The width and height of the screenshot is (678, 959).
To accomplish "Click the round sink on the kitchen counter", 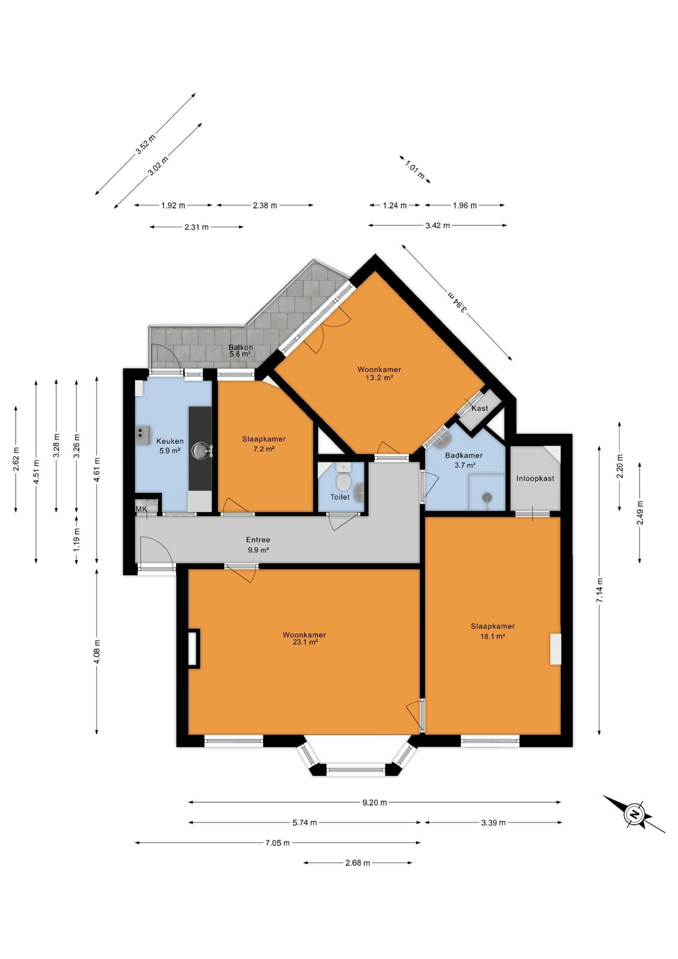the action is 201,451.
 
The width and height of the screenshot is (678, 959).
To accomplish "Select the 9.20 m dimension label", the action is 374,803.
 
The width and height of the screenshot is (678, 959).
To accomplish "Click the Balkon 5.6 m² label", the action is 241,351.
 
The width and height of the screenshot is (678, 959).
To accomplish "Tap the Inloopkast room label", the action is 535,478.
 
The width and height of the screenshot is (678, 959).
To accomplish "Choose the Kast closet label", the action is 480,408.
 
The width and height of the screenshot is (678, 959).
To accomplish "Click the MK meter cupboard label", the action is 142,509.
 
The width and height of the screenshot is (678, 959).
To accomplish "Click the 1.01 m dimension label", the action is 415,169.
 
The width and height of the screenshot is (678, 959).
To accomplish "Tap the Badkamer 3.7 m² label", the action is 463,460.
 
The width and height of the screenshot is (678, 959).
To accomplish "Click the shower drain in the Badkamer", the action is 487,497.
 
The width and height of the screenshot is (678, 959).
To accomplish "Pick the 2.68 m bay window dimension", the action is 357,863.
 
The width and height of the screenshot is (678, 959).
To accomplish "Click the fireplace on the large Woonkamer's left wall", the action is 193,648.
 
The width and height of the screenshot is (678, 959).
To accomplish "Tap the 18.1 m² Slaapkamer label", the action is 492,631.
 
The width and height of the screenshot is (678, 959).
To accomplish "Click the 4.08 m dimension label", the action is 97,652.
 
